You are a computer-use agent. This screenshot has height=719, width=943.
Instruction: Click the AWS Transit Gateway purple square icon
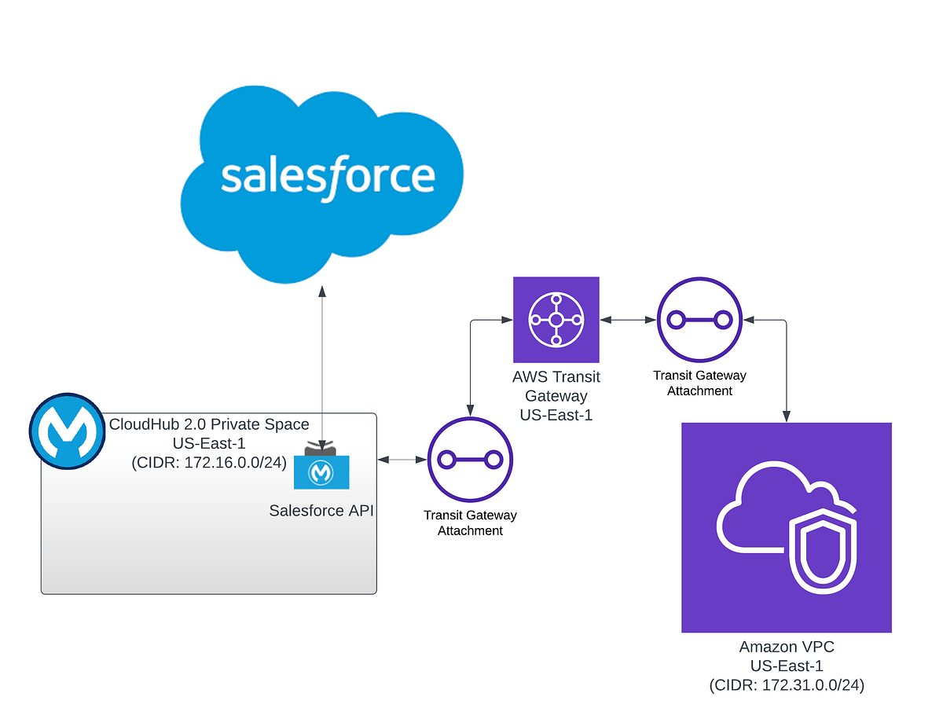click(556, 320)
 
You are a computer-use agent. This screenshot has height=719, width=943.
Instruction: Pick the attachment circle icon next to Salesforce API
click(470, 460)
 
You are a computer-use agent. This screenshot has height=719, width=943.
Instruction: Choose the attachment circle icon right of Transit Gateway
click(699, 320)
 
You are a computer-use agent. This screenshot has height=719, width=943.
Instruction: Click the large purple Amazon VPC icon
click(786, 527)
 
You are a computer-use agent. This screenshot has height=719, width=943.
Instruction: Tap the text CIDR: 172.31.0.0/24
click(786, 685)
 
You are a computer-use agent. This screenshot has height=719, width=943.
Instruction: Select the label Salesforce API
click(321, 511)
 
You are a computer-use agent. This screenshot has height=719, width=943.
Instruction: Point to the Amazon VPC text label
click(786, 647)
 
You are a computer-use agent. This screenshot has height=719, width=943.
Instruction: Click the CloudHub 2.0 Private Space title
click(209, 425)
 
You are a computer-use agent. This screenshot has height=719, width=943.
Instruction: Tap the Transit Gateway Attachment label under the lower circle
click(470, 523)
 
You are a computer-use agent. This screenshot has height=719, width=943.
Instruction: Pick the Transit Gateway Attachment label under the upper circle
click(699, 383)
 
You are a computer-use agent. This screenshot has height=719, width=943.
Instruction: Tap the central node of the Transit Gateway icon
click(556, 320)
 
